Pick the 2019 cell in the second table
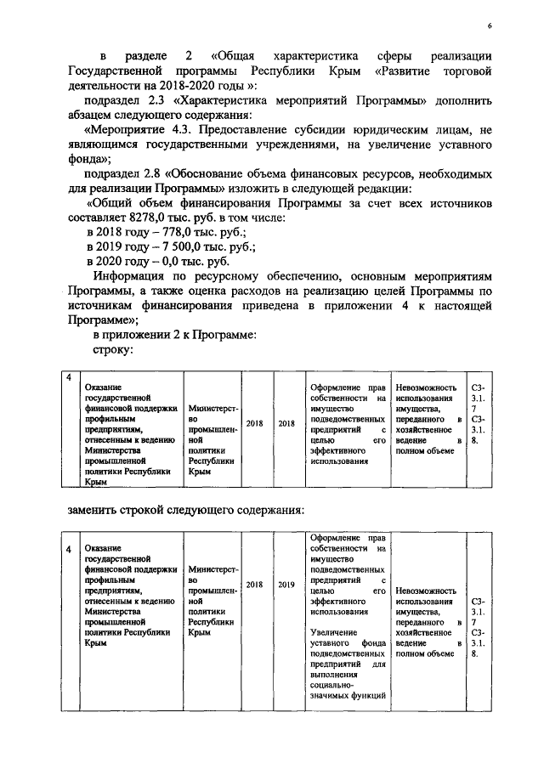[286, 585]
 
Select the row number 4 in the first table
[71, 376]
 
